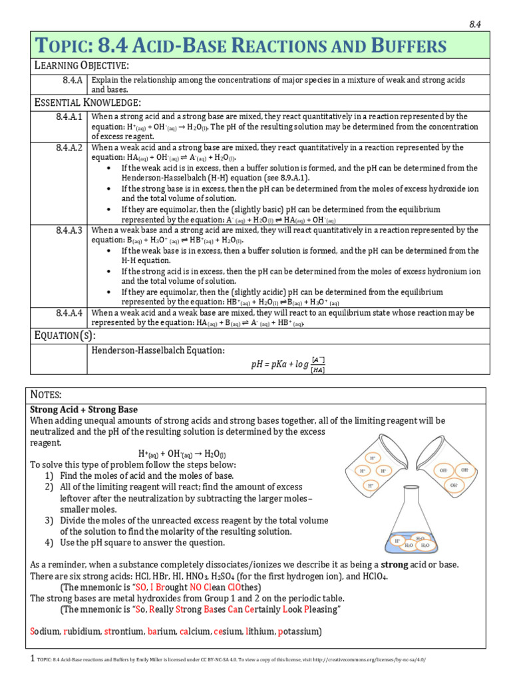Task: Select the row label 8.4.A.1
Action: point(69,117)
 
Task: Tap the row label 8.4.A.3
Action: point(69,230)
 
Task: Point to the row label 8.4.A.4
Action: point(69,313)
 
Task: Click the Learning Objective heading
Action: point(81,66)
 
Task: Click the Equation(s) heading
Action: point(65,335)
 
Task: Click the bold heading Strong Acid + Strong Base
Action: point(85,409)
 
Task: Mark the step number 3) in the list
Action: point(49,520)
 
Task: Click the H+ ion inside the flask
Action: point(397,540)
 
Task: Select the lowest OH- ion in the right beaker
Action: point(453,486)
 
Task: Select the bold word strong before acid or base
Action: point(394,564)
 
